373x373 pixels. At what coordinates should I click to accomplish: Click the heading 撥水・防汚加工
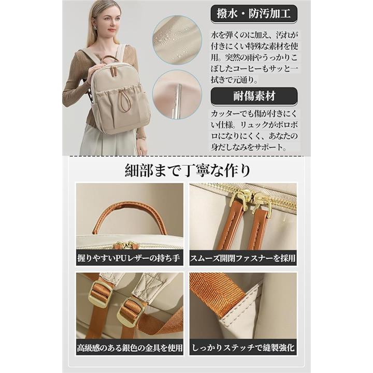click(x=254, y=13)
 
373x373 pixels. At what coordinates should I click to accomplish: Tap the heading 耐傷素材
click(x=254, y=96)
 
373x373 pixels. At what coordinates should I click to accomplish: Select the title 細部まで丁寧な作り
click(x=188, y=170)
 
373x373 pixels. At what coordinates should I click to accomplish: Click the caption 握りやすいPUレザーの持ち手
click(x=129, y=258)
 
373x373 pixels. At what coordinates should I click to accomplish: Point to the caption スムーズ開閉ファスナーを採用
click(x=243, y=258)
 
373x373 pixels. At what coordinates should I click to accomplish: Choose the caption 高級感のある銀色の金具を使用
click(x=130, y=348)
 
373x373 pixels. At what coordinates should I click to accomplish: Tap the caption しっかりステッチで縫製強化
click(x=243, y=348)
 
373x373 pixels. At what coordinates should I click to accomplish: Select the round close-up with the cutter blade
click(x=177, y=95)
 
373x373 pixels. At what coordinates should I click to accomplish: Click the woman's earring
click(x=96, y=27)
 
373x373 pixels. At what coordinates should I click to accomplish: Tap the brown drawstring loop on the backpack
click(x=124, y=101)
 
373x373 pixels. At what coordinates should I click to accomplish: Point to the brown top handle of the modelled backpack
click(x=111, y=60)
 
